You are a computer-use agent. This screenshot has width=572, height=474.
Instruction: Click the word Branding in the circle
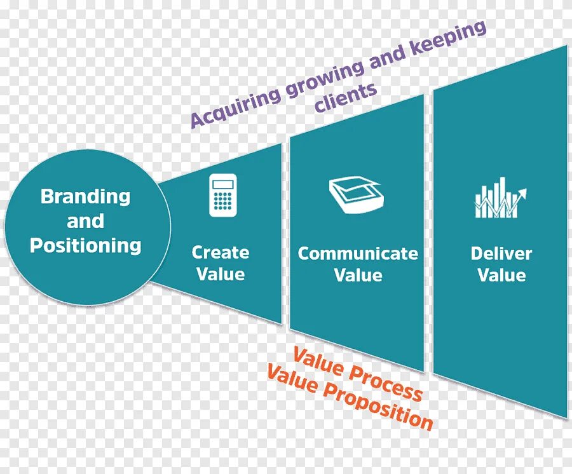pyautogui.click(x=85, y=196)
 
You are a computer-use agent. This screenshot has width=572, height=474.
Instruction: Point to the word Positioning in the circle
pyautogui.click(x=86, y=246)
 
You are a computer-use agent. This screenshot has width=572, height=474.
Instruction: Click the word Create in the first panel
pyautogui.click(x=221, y=252)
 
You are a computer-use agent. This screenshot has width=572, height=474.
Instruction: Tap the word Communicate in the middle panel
pyautogui.click(x=358, y=254)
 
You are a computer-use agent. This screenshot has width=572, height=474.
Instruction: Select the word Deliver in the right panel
pyautogui.click(x=501, y=254)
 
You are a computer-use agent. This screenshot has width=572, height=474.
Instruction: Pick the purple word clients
pyautogui.click(x=346, y=98)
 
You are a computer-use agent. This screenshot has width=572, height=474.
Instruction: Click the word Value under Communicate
pyautogui.click(x=358, y=275)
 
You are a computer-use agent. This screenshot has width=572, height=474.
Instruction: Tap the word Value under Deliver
pyautogui.click(x=501, y=275)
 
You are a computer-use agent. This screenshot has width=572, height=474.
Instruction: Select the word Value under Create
pyautogui.click(x=221, y=274)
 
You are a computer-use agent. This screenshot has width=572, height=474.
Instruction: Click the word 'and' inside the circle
pyautogui.click(x=85, y=221)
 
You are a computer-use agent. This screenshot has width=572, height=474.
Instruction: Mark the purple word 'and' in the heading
pyautogui.click(x=387, y=57)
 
